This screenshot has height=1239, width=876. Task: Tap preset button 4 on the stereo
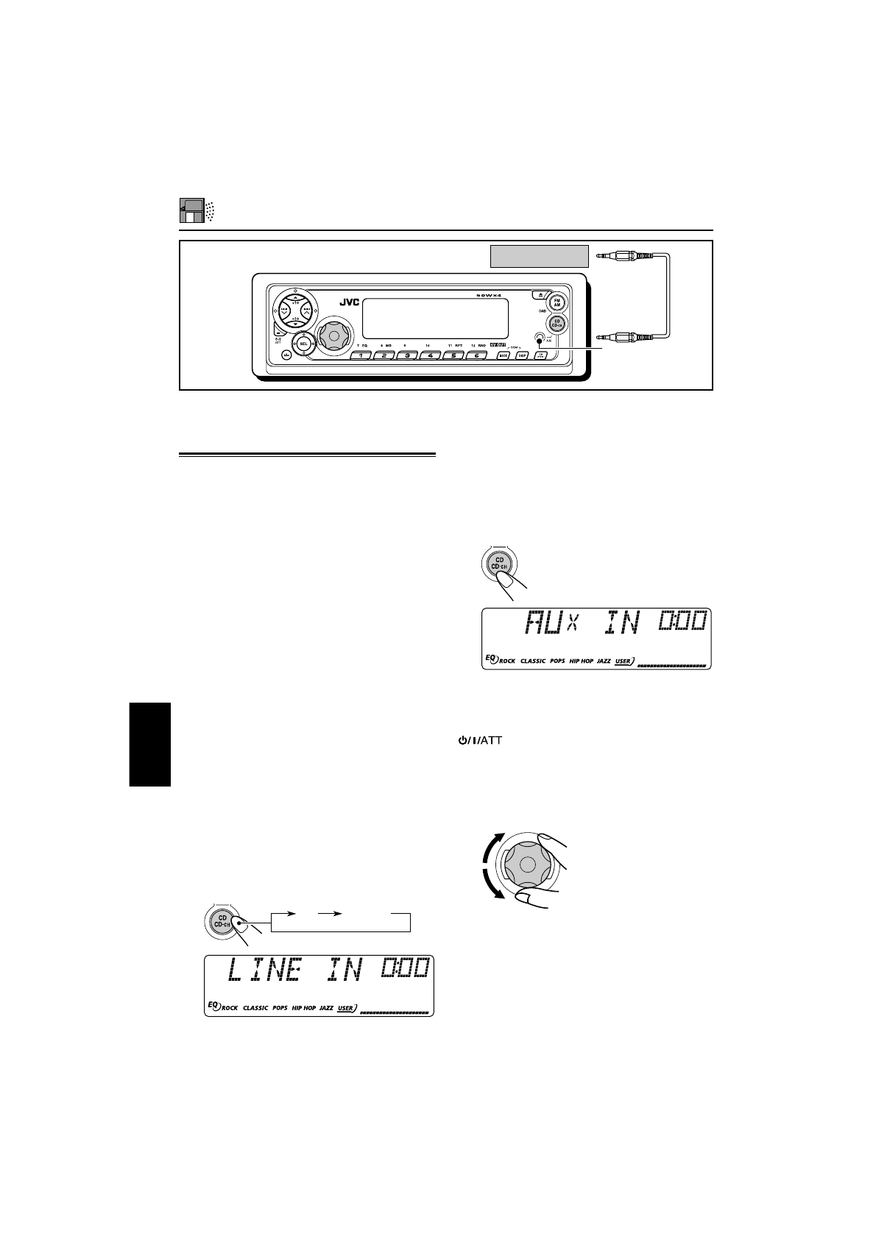pyautogui.click(x=430, y=355)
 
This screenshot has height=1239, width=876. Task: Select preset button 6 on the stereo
pyautogui.click(x=476, y=355)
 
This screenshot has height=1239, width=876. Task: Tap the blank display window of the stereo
pyautogui.click(x=435, y=319)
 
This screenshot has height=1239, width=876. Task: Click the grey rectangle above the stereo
pyautogui.click(x=540, y=256)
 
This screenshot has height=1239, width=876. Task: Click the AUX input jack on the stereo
pyautogui.click(x=540, y=340)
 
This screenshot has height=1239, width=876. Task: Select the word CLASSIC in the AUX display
pyautogui.click(x=533, y=661)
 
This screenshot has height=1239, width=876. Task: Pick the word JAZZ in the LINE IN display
pyautogui.click(x=326, y=1008)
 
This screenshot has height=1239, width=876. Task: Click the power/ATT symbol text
pyautogui.click(x=479, y=741)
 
